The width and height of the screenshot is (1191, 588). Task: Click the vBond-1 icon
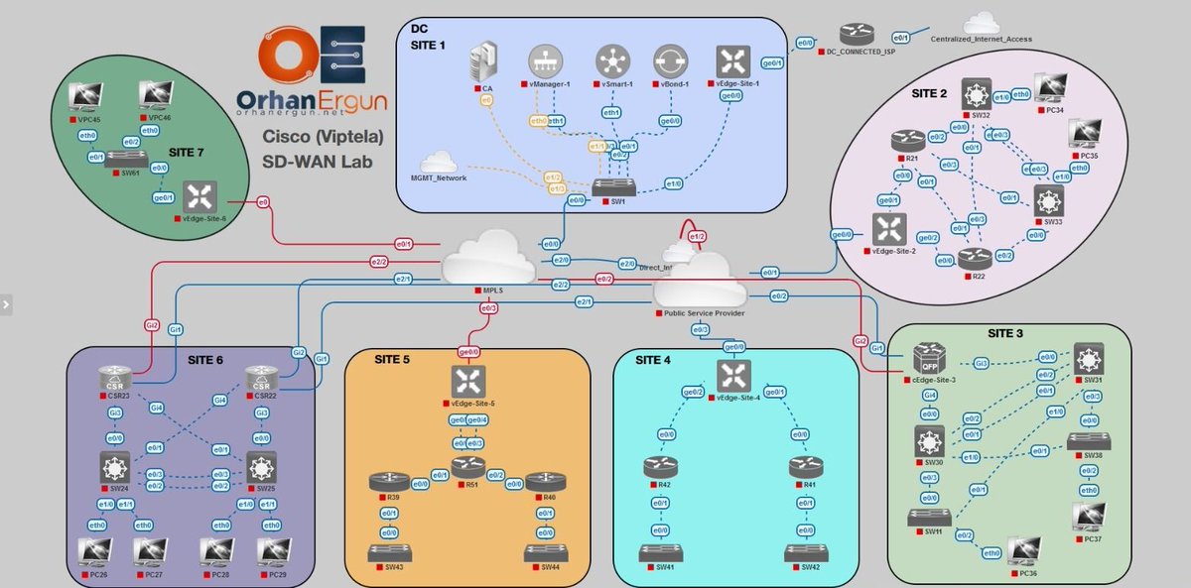[x=671, y=60]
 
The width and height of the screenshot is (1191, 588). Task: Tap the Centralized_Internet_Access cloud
[x=980, y=23]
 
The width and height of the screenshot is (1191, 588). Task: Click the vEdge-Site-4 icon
[x=734, y=376]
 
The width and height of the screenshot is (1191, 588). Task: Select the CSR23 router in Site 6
[x=115, y=378]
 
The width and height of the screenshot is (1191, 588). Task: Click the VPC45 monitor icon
[x=87, y=96]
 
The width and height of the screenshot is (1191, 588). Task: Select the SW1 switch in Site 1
[x=608, y=187]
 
